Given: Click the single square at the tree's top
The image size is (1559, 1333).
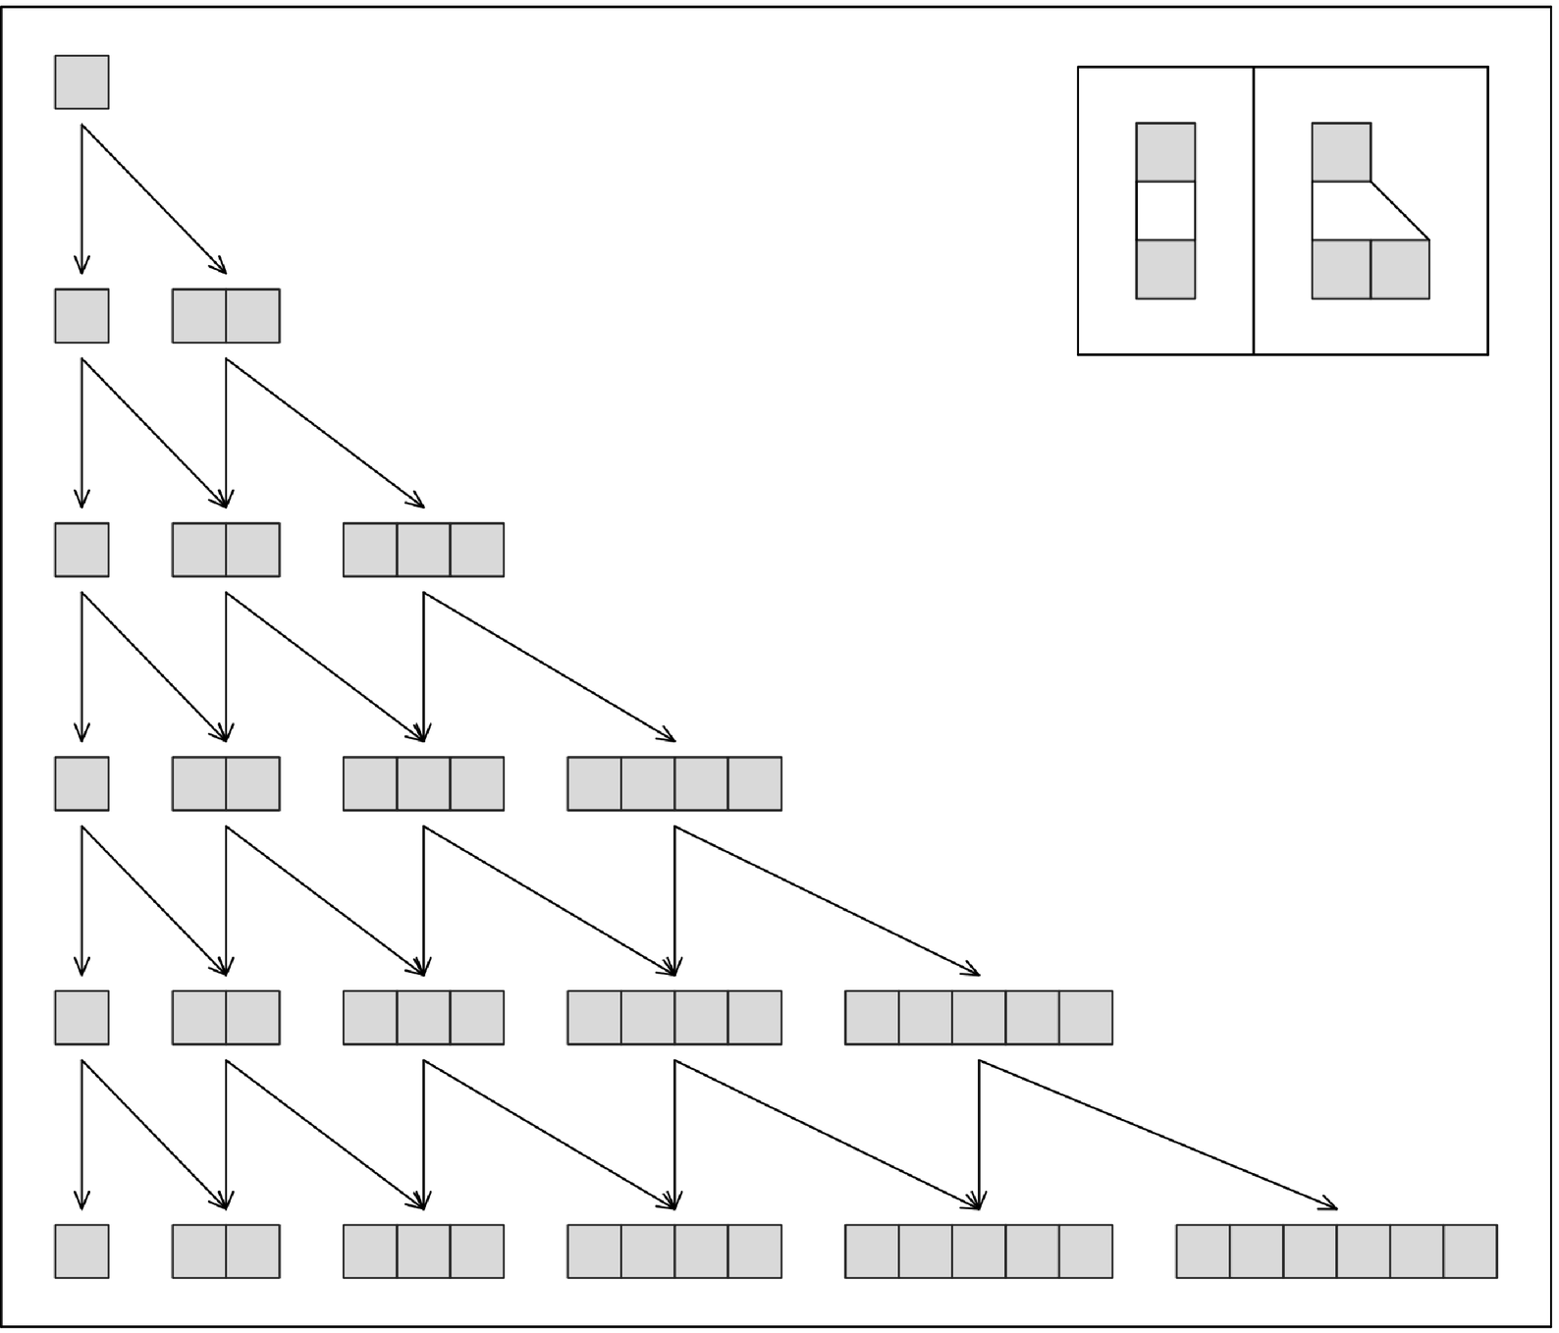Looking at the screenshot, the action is click(x=81, y=81).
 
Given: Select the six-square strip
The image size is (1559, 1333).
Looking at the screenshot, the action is click(x=1336, y=1252).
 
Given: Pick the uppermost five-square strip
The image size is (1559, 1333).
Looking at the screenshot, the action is click(x=978, y=1017).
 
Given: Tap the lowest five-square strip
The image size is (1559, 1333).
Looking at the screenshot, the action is click(x=978, y=1252).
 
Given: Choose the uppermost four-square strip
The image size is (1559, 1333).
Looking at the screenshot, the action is click(x=674, y=783).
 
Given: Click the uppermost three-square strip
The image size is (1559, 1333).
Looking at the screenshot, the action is click(x=423, y=550).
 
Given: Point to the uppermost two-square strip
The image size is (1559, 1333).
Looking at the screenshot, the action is click(x=226, y=316).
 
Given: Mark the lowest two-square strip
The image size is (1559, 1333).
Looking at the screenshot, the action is click(x=226, y=1252).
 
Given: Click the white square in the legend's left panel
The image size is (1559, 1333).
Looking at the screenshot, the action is click(x=1165, y=211).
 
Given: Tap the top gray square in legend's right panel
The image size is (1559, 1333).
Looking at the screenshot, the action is click(x=1341, y=152).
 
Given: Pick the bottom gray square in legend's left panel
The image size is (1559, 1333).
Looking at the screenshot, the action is click(x=1165, y=270).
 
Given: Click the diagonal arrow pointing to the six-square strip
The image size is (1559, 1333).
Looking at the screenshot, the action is click(x=1158, y=1134).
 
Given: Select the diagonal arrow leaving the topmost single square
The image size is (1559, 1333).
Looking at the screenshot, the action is click(x=154, y=199).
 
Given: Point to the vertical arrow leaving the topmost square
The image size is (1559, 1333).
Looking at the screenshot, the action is click(x=81, y=196).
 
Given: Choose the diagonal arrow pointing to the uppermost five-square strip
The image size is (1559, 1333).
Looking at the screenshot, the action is click(x=827, y=900).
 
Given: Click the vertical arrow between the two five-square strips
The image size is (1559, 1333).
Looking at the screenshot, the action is click(x=979, y=1134).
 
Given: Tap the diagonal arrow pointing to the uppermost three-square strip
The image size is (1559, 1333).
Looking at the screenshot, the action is click(x=324, y=433).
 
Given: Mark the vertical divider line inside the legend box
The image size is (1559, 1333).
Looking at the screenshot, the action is click(x=1254, y=211).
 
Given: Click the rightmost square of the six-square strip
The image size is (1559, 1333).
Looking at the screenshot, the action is click(x=1470, y=1252).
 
